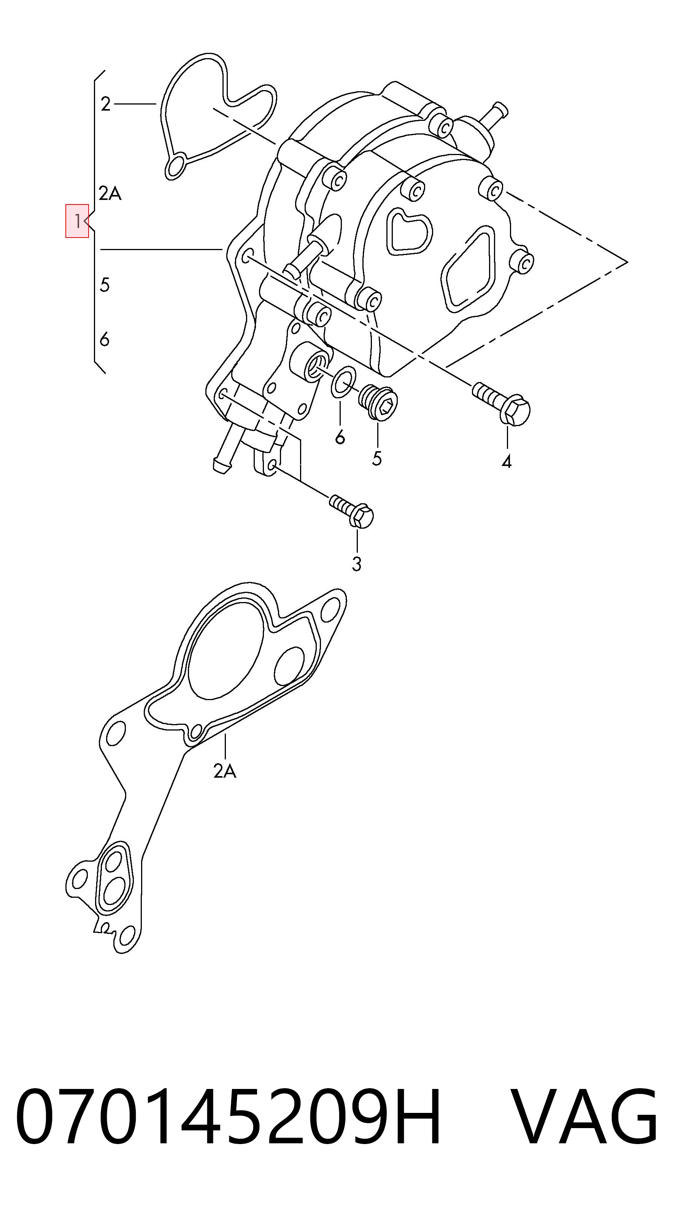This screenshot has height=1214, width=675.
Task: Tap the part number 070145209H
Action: click(228, 1116)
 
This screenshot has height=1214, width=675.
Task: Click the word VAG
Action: click(584, 1116)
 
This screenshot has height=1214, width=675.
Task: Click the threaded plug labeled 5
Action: click(378, 401)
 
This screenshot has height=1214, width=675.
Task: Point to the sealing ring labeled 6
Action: click(344, 381)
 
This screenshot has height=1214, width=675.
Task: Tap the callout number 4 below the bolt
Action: click(507, 462)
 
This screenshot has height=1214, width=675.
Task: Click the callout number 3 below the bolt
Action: click(357, 564)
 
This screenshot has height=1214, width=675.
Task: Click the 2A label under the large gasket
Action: click(224, 771)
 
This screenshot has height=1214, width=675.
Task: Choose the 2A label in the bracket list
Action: click(110, 193)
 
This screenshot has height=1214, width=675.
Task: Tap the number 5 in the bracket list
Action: click(105, 285)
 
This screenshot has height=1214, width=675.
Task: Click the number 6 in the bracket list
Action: click(105, 339)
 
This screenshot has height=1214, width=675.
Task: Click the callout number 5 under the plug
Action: click(376, 458)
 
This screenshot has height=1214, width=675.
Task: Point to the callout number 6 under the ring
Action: click(340, 437)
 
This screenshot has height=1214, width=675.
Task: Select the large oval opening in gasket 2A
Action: click(225, 649)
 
